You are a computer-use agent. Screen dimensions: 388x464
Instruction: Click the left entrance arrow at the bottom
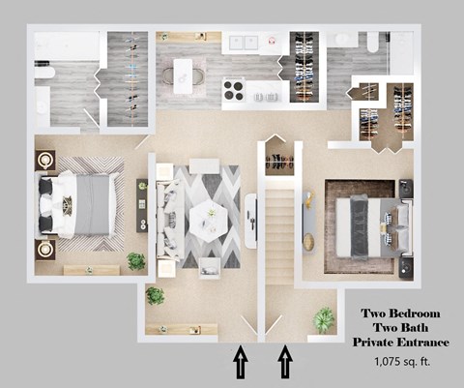(241, 365)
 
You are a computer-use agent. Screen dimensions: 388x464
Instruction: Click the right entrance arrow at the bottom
(286, 365)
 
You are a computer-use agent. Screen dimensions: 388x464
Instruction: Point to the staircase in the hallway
(278, 232)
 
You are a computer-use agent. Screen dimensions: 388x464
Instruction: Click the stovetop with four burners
(233, 91)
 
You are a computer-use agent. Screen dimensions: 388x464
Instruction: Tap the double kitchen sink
(244, 43)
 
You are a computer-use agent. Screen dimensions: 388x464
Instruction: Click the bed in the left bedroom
(77, 204)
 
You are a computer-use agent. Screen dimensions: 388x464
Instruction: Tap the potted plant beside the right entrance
(324, 318)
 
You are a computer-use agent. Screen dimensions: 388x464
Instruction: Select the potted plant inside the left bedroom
(136, 262)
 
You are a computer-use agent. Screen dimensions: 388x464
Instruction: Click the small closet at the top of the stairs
(278, 162)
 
